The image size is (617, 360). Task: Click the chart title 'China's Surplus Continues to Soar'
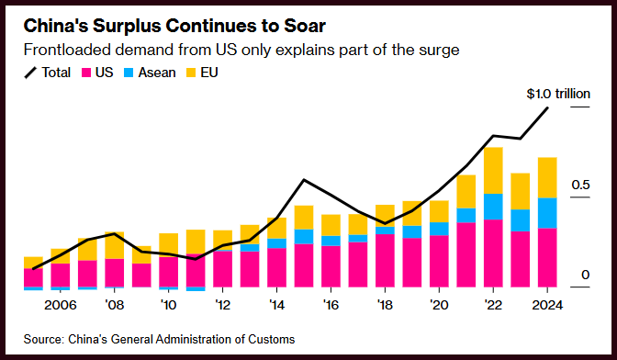(x=174, y=27)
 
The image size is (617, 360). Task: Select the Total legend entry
(x=47, y=73)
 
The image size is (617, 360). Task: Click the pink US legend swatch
(x=86, y=73)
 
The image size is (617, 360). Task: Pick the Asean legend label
(x=157, y=73)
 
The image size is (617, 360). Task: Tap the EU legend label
(x=209, y=73)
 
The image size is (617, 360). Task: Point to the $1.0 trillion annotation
(x=558, y=94)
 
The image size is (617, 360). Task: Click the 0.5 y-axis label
(x=580, y=185)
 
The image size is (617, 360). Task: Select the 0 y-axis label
(x=586, y=275)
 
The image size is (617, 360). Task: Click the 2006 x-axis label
(x=61, y=305)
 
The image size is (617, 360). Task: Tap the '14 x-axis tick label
(x=276, y=305)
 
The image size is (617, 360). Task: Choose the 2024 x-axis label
(x=547, y=305)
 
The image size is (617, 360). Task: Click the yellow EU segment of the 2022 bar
(x=493, y=171)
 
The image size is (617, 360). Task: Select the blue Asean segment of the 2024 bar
(x=547, y=213)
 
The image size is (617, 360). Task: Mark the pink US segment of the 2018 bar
(x=385, y=261)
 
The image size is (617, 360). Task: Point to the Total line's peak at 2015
(x=304, y=180)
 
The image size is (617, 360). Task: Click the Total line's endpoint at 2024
(x=547, y=107)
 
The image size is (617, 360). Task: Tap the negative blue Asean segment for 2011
(x=196, y=289)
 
